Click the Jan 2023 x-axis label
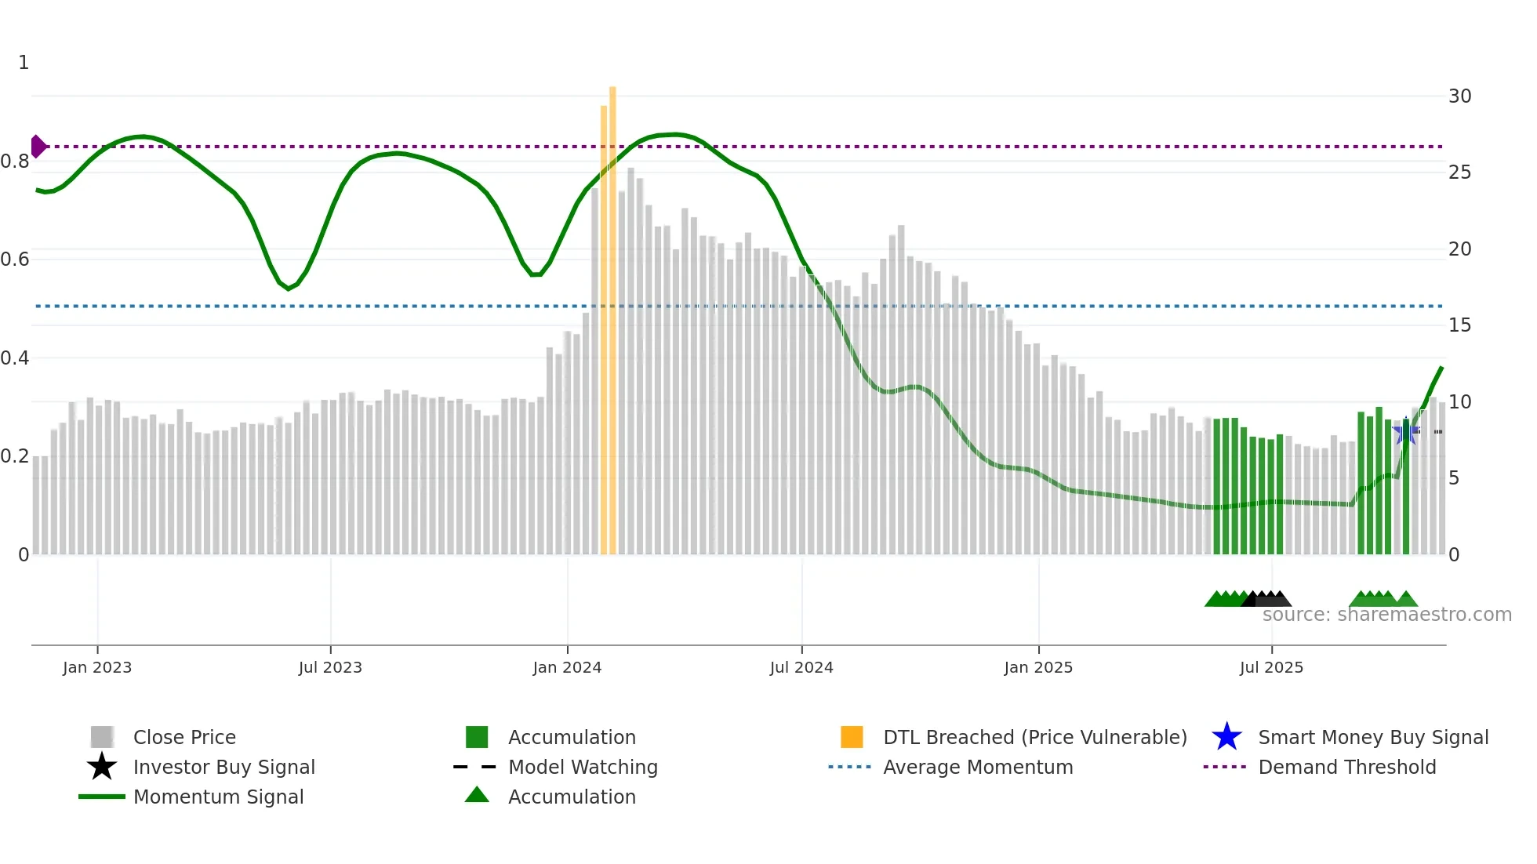click(x=97, y=667)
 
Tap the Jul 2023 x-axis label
click(x=330, y=667)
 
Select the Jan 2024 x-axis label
click(x=567, y=667)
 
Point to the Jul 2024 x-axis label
click(x=801, y=667)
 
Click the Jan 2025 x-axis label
click(x=1038, y=667)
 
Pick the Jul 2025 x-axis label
click(x=1271, y=667)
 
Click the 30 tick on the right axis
click(x=1459, y=96)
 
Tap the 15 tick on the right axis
click(x=1459, y=325)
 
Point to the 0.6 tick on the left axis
click(x=15, y=260)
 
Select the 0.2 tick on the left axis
click(x=15, y=456)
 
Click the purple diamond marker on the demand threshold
click(x=38, y=147)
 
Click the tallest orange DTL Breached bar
click(x=612, y=314)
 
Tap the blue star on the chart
click(x=1405, y=432)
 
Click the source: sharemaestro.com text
click(x=1386, y=615)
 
